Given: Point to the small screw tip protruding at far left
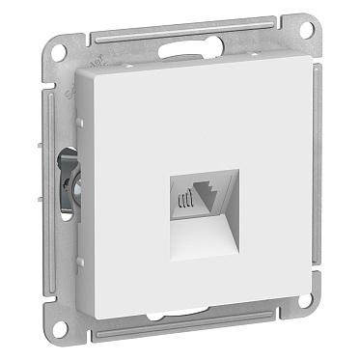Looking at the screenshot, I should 57,157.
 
